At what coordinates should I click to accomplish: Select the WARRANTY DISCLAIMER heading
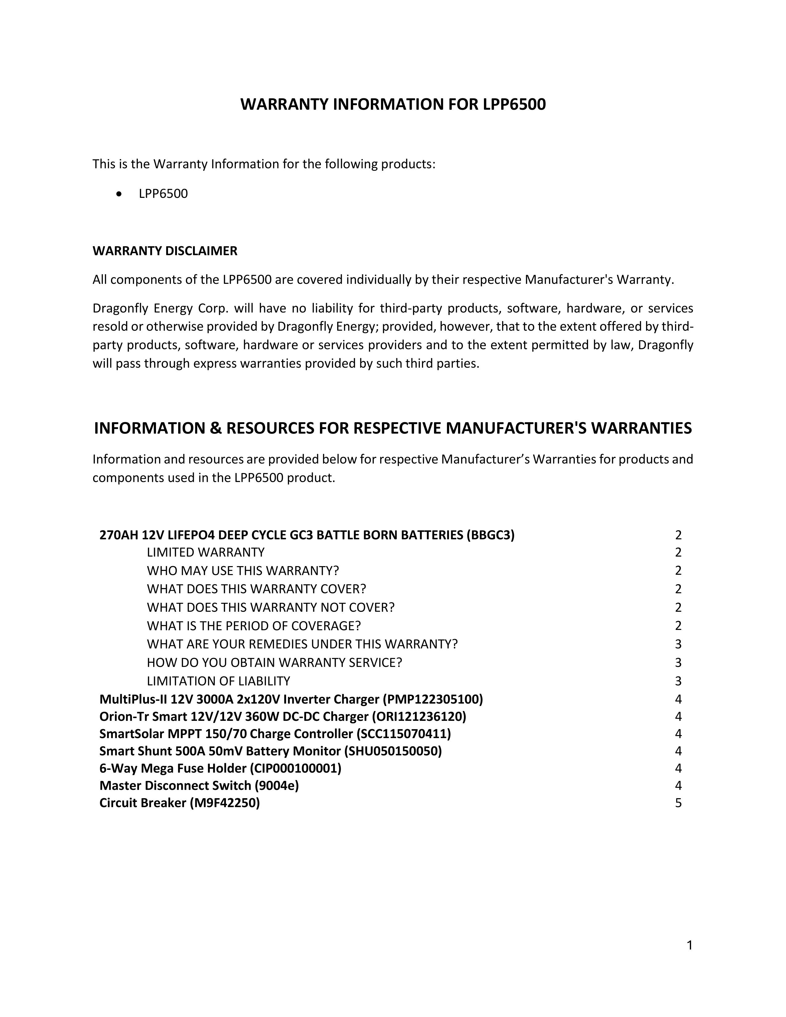click(165, 251)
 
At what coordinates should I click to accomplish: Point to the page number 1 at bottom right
click(690, 945)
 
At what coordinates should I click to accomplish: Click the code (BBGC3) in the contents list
click(490, 535)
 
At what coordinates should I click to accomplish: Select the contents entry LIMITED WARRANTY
click(205, 552)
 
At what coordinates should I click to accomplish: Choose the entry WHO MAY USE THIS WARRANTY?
click(243, 570)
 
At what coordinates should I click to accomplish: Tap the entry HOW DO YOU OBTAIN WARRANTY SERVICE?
click(274, 663)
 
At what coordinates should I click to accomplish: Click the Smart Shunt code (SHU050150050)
click(392, 751)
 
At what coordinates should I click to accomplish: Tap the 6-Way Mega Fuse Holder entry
click(220, 768)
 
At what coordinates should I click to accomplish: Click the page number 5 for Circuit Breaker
click(678, 803)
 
